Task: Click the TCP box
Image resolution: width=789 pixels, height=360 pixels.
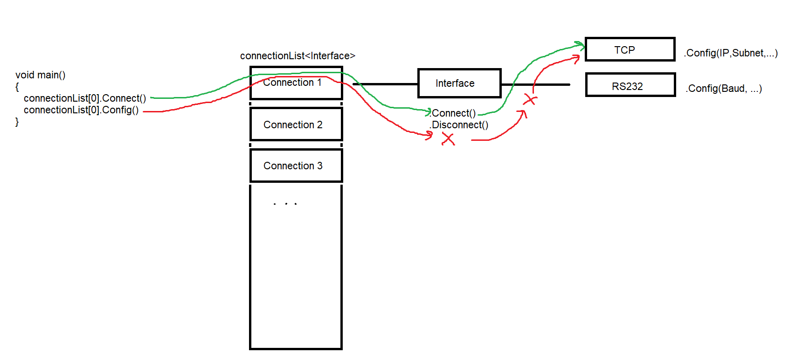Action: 630,49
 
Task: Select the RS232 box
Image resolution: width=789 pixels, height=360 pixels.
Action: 630,85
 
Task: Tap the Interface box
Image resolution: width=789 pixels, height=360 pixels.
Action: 459,83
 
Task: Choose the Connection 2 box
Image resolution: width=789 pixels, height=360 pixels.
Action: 296,124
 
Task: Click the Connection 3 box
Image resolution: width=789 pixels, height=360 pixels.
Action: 296,166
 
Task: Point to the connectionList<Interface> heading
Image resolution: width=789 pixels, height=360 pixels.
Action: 298,56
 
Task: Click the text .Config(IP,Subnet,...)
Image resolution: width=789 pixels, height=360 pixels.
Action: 730,53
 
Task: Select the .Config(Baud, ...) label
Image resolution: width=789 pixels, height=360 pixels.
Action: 723,89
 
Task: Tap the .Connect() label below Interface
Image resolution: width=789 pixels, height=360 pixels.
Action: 453,113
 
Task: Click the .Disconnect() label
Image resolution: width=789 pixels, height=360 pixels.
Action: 459,125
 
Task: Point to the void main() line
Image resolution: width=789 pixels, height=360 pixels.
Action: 41,75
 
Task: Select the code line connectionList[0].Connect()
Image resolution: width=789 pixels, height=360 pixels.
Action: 85,98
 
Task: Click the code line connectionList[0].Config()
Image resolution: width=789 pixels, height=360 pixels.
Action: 81,110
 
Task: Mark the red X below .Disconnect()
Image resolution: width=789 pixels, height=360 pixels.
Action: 448,139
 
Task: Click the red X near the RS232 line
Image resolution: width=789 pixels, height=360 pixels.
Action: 530,99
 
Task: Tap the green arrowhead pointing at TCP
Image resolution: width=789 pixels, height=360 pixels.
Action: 581,45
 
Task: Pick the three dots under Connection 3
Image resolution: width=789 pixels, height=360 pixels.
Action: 285,204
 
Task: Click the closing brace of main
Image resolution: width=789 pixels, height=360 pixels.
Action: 17,122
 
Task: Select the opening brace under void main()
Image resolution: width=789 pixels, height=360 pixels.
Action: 17,87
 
